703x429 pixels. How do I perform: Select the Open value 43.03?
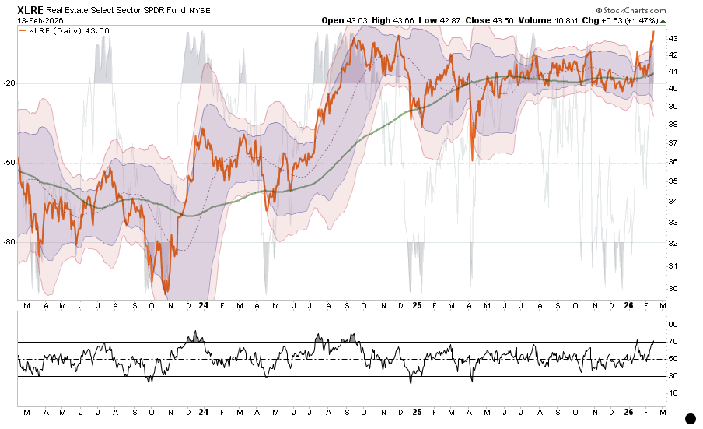click(358, 19)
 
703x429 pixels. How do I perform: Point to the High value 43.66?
click(404, 19)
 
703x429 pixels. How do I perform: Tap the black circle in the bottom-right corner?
click(691, 418)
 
